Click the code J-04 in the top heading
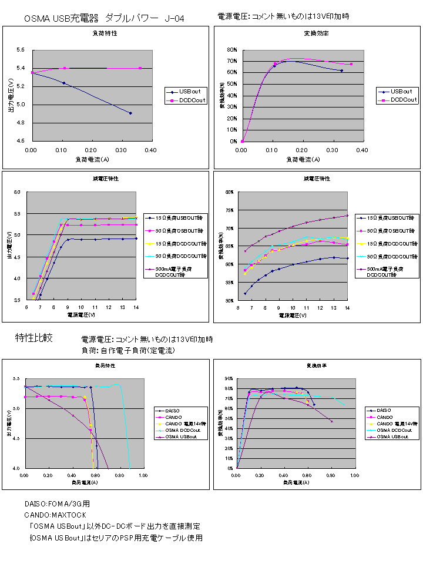coord(175,19)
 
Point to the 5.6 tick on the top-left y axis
coord(20,51)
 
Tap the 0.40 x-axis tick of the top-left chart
coord(150,150)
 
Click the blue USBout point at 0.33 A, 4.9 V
coord(130,113)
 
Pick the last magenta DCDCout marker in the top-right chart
coord(351,64)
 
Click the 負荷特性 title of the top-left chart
coord(106,33)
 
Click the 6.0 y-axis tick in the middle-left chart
coord(17,192)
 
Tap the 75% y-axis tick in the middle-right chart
coord(230,210)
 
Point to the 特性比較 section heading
coord(34,338)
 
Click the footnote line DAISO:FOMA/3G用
coord(57,504)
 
